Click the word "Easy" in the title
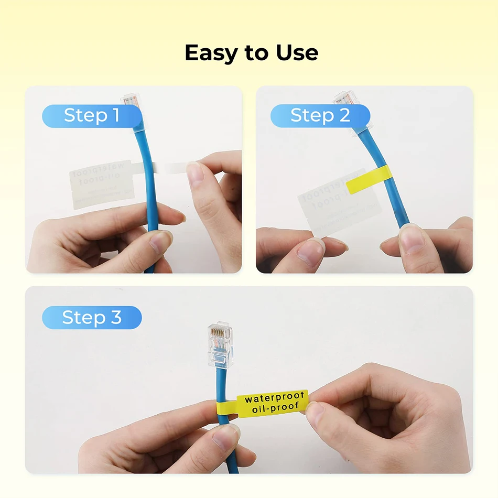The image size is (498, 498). (211, 53)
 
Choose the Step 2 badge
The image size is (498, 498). (320, 116)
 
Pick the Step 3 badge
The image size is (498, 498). (92, 318)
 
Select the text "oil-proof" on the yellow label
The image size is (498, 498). (275, 407)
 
